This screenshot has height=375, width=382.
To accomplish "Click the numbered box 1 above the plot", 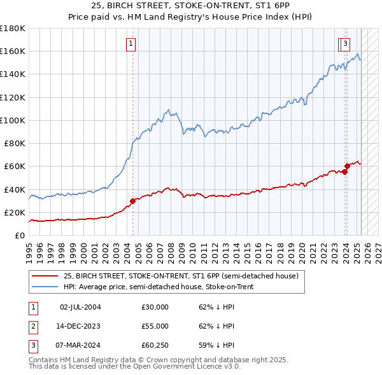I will click(131, 44).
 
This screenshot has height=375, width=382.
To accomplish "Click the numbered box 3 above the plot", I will click(344, 44).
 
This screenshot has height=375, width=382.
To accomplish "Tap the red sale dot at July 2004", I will click(133, 201).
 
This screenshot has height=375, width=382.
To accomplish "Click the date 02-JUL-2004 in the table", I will click(80, 307).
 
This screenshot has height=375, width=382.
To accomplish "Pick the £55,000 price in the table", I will click(155, 326).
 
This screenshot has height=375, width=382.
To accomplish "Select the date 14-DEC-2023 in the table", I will click(80, 326).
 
